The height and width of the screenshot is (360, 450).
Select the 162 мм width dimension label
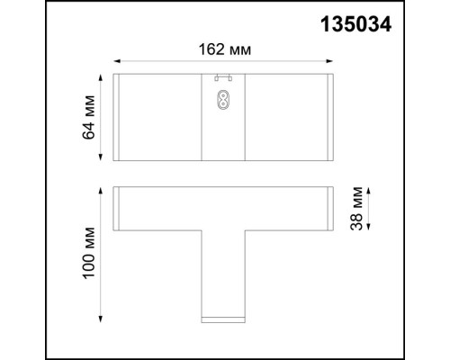[223, 49]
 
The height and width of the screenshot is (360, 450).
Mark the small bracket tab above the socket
[222, 77]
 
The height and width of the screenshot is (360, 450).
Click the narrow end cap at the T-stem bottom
[222, 318]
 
